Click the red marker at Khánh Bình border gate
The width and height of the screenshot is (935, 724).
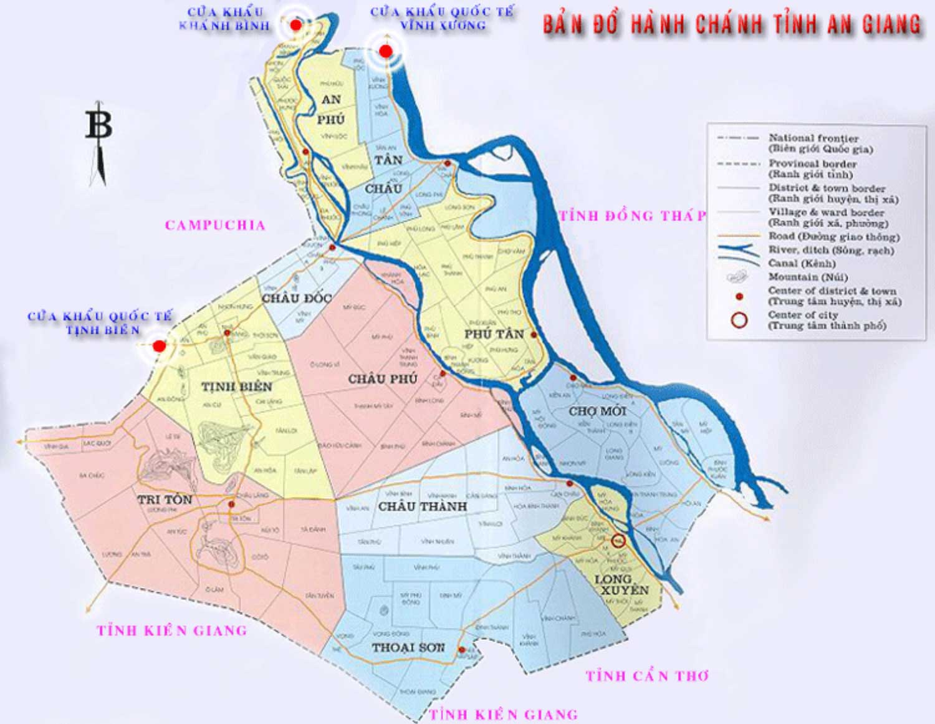tap(296, 25)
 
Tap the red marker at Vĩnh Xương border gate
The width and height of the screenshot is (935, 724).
tap(386, 51)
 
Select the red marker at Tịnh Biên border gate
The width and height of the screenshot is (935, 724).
tap(160, 345)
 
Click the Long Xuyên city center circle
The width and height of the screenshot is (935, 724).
tap(618, 541)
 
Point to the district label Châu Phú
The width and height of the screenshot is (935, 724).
tap(382, 379)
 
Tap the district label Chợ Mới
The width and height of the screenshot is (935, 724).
tap(597, 412)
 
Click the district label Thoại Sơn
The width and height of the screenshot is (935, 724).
tap(408, 648)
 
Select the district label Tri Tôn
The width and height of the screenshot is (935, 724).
tap(165, 500)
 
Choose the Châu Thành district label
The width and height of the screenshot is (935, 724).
tap(422, 506)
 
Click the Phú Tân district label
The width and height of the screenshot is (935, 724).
tap(494, 334)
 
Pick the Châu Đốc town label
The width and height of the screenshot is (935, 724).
tap(296, 298)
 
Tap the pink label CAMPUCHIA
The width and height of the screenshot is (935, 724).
tap(215, 225)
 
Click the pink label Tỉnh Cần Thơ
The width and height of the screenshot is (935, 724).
tap(647, 676)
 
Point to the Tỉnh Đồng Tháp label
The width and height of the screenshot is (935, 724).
tap(633, 216)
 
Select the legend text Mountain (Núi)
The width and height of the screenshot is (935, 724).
tap(808, 277)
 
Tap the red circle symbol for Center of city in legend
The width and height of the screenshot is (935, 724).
tap(739, 321)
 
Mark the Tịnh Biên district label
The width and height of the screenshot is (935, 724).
tap(236, 387)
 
